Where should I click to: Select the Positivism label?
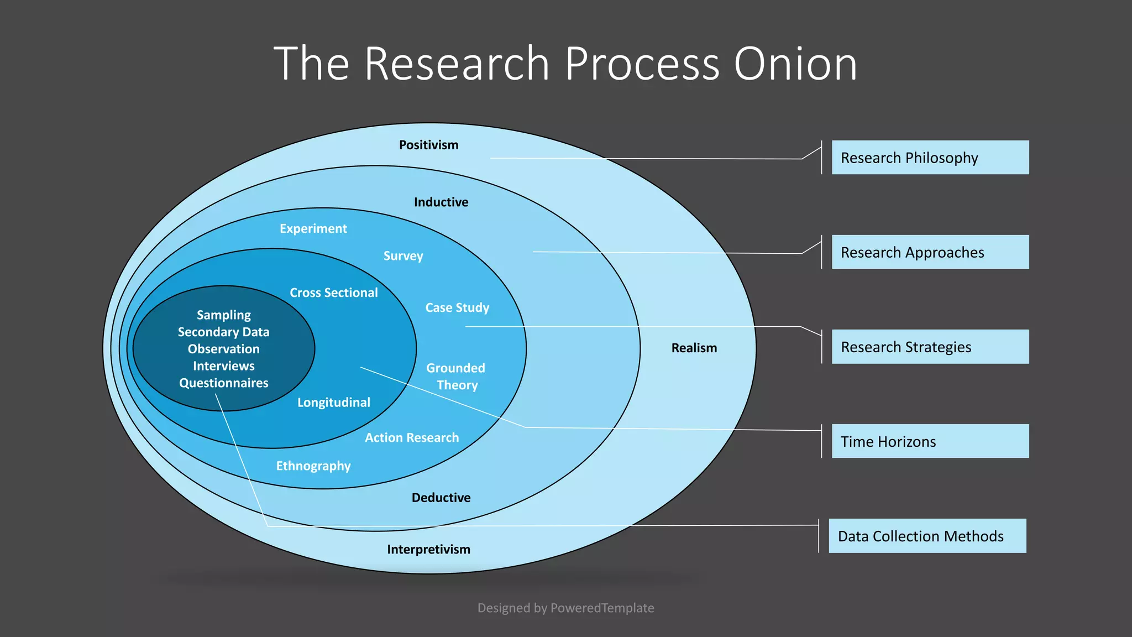(428, 145)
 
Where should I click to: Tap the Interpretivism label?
(428, 549)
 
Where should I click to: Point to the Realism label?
(694, 348)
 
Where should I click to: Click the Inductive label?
(441, 202)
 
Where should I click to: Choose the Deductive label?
(441, 498)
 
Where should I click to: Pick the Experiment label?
(313, 228)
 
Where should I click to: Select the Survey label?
(403, 255)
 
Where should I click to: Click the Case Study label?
(457, 307)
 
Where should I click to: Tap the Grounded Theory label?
(456, 376)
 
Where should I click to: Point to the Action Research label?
(412, 437)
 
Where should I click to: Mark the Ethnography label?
(313, 466)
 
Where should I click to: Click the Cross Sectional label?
(334, 293)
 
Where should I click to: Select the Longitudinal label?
(334, 402)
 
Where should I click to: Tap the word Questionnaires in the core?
(223, 383)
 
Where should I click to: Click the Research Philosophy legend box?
(930, 158)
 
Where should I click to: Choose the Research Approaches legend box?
(930, 252)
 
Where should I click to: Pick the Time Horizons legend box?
(930, 441)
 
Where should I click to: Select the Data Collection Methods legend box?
(927, 536)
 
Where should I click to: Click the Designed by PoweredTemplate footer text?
(565, 608)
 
